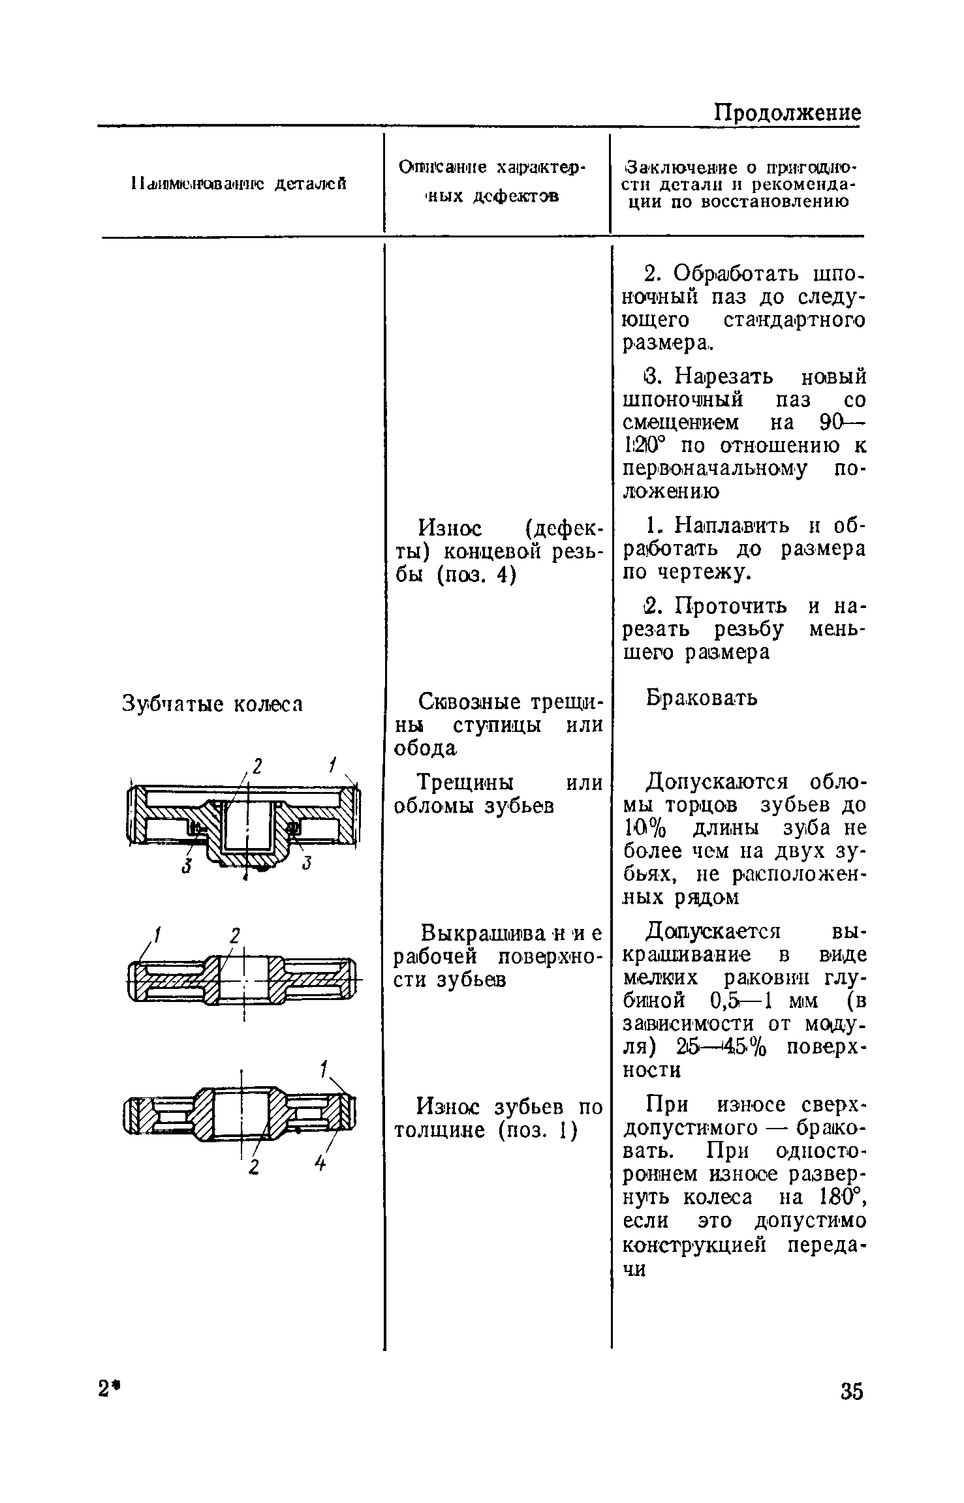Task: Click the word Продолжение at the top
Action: (x=786, y=114)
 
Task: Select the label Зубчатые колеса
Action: (x=213, y=705)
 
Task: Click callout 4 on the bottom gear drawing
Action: (x=320, y=1162)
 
